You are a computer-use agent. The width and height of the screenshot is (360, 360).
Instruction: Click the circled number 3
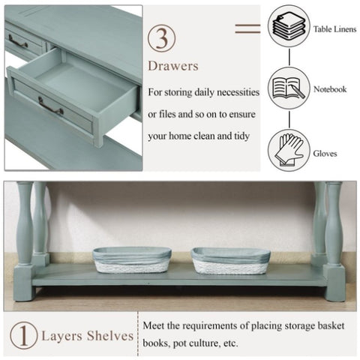(161, 38)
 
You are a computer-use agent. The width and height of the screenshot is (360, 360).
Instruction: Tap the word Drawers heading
(173, 66)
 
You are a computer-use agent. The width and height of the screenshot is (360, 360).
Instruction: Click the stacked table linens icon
(289, 26)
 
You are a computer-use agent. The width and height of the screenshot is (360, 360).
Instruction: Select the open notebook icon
(289, 88)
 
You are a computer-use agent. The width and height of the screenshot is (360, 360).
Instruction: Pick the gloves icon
(289, 150)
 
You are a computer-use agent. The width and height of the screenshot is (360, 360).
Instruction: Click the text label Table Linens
(335, 29)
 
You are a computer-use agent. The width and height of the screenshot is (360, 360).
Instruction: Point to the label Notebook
(330, 89)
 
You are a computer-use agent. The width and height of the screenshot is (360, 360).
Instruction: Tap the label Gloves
(325, 154)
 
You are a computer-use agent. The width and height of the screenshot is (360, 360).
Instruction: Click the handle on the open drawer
(50, 106)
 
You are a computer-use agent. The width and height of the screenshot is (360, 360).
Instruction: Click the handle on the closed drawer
(18, 41)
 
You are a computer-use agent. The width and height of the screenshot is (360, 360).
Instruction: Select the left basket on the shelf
(132, 260)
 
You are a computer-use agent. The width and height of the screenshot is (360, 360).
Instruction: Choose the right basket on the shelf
(231, 261)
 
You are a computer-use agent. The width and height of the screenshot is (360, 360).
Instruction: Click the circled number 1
(24, 335)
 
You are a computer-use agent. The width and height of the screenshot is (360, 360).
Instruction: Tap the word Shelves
(110, 336)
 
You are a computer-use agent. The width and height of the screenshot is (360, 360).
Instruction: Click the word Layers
(61, 337)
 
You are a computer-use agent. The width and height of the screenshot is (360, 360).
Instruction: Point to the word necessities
(238, 92)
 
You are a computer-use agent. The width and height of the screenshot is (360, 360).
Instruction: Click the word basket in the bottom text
(331, 325)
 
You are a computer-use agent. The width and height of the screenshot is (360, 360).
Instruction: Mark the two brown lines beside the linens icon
(247, 28)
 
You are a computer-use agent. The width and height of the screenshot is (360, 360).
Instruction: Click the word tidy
(241, 136)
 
